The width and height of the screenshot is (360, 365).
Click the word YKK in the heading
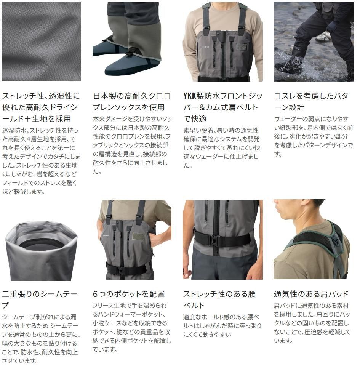pos(190,96)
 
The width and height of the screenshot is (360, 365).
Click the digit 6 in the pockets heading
pos(95,294)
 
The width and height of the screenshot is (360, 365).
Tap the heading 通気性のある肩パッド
pos(311,294)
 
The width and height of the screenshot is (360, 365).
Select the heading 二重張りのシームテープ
pos(40,299)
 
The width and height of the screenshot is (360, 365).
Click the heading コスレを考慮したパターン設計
pos(311,101)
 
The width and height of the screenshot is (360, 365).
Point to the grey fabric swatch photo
pos(42,42)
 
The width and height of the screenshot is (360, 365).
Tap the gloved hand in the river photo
pos(332,27)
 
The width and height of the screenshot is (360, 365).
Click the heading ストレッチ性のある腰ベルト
pos(219,299)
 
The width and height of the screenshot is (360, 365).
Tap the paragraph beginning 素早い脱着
pos(222,148)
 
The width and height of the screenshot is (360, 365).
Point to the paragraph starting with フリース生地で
pos(131,328)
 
